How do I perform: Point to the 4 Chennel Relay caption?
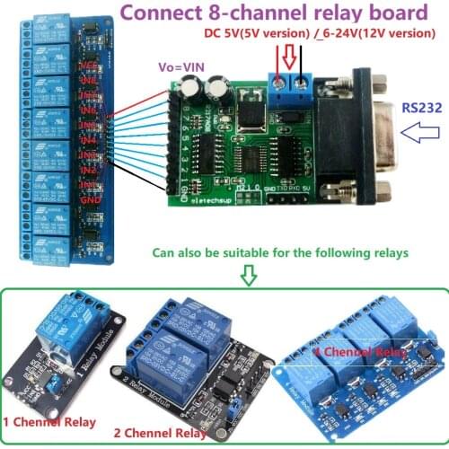coord(359,351)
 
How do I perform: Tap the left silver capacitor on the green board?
coord(192,87)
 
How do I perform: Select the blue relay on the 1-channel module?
coord(67,328)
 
